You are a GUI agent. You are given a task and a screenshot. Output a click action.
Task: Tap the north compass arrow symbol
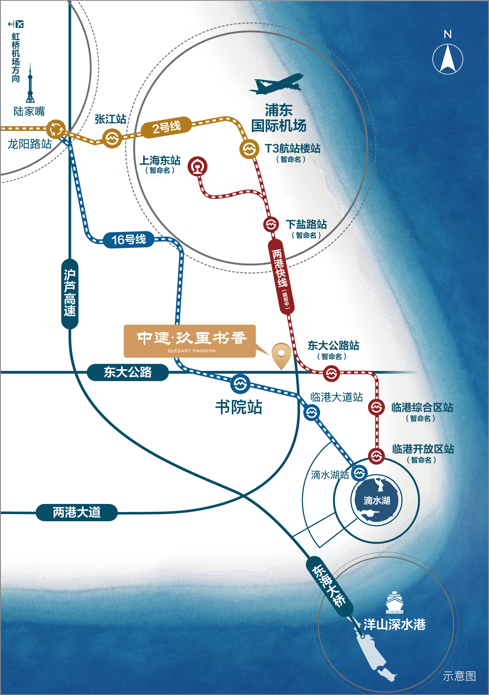coord(448,59)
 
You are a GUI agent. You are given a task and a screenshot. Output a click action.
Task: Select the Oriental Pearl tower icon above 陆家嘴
coord(30,85)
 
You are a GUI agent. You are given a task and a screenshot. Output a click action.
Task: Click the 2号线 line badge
coord(166,127)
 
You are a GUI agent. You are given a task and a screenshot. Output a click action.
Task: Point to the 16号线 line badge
coord(129,240)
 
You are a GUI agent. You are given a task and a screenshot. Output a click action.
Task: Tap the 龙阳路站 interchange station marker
coord(56,129)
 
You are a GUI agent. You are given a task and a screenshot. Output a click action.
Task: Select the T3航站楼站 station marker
coord(249,149)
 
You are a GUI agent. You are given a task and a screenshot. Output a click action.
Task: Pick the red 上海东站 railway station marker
coord(197,166)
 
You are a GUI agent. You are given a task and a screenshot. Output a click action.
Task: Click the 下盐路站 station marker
coord(271,224)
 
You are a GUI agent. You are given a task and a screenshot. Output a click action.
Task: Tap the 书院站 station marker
coord(240,384)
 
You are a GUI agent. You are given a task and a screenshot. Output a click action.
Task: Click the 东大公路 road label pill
coord(128,372)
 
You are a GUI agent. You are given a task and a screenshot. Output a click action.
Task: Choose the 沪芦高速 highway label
coord(70,293)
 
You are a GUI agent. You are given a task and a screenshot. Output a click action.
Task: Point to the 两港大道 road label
coord(77,512)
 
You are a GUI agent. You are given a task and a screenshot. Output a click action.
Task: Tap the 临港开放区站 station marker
coord(376,456)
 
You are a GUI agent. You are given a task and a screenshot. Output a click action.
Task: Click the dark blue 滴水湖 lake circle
coord(377,500)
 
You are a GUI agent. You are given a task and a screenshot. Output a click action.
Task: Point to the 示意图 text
coord(459,676)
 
